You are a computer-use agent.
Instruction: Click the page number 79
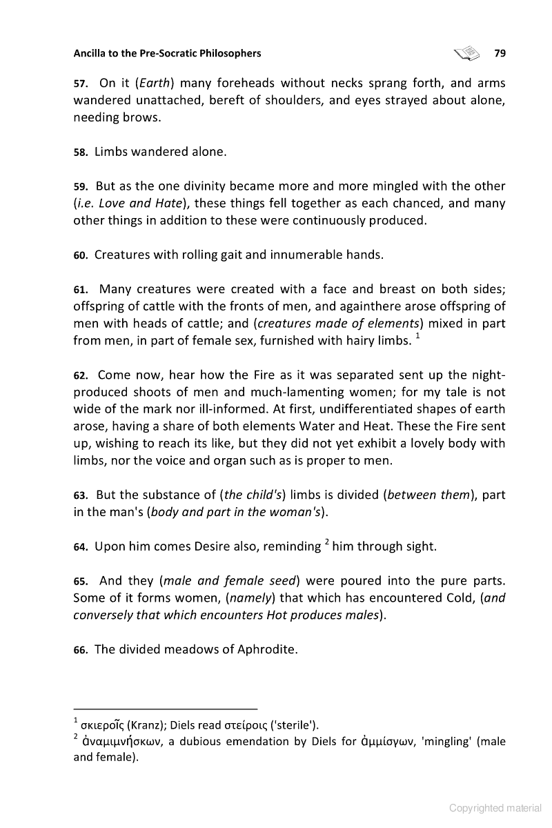(x=500, y=52)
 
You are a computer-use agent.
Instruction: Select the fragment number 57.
(x=80, y=84)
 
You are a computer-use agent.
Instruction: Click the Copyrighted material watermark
(x=495, y=808)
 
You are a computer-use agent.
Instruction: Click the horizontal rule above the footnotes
(x=165, y=709)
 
